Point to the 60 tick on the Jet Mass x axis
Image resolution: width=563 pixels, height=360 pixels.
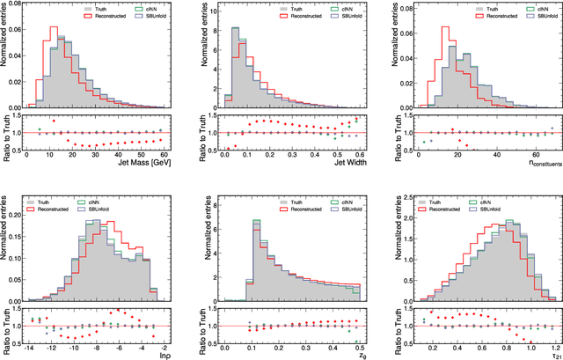pyautogui.click(x=164, y=153)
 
